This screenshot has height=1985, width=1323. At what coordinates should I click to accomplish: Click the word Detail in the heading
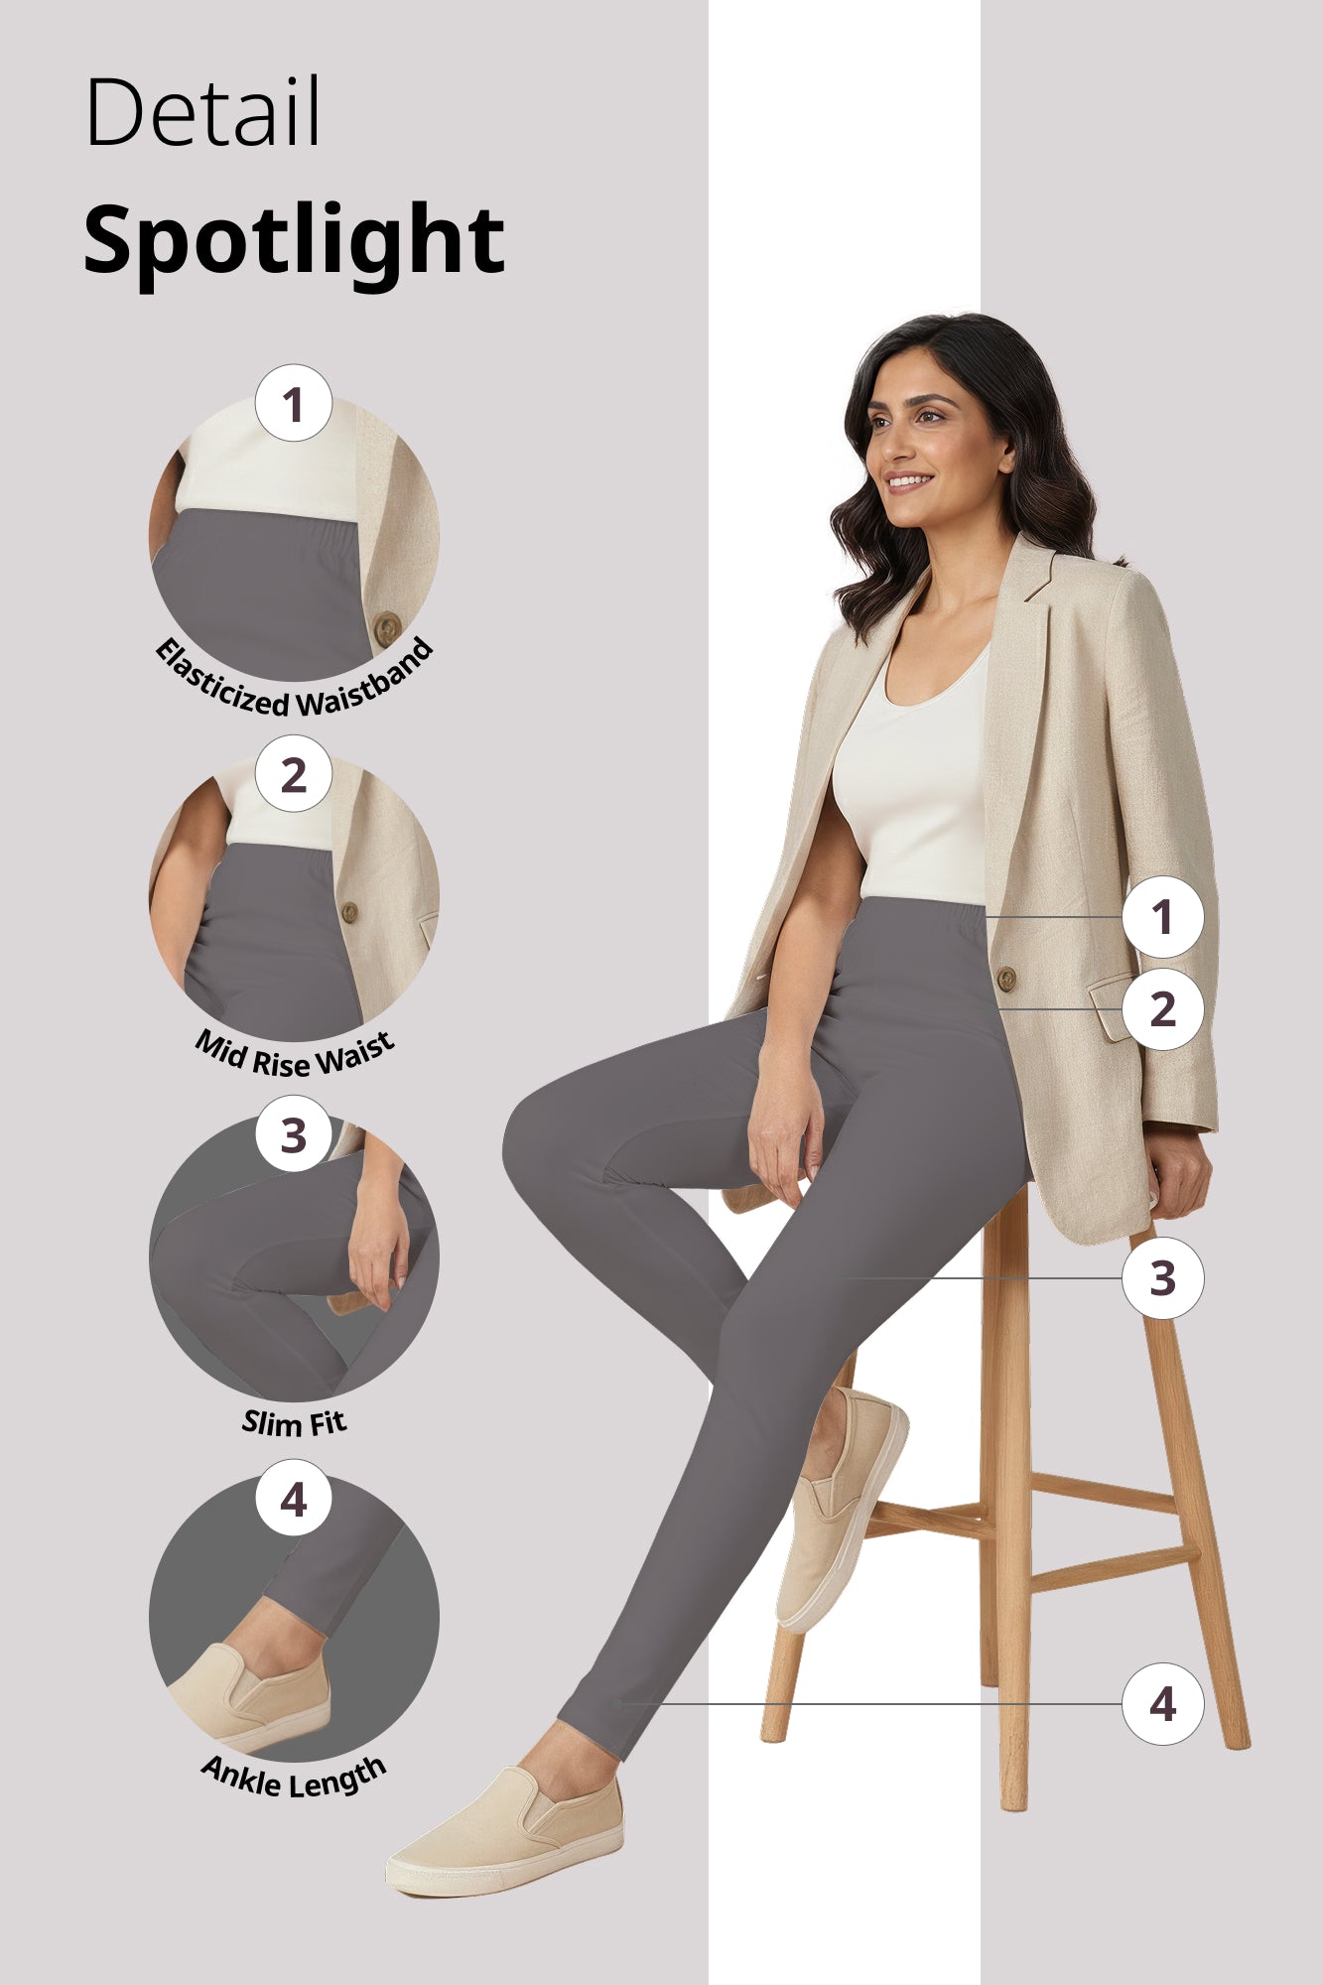click(203, 112)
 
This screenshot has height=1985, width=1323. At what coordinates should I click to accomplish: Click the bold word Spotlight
click(294, 240)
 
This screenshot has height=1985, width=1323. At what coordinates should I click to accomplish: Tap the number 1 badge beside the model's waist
click(1162, 917)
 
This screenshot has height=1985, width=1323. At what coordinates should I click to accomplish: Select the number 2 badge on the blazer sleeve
click(1162, 1009)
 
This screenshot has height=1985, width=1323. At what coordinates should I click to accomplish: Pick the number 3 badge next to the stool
click(1162, 1278)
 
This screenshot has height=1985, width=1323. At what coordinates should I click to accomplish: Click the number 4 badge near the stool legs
click(1162, 1704)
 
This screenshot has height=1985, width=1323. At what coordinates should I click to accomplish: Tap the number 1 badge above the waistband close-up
click(293, 404)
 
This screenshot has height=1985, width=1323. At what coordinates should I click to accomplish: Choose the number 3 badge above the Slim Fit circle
click(293, 1134)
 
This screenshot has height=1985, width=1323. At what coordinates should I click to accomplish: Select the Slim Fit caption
click(294, 1423)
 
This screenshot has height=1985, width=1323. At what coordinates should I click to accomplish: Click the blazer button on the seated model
click(1005, 979)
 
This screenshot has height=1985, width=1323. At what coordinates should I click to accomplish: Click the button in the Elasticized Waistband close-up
click(386, 627)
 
